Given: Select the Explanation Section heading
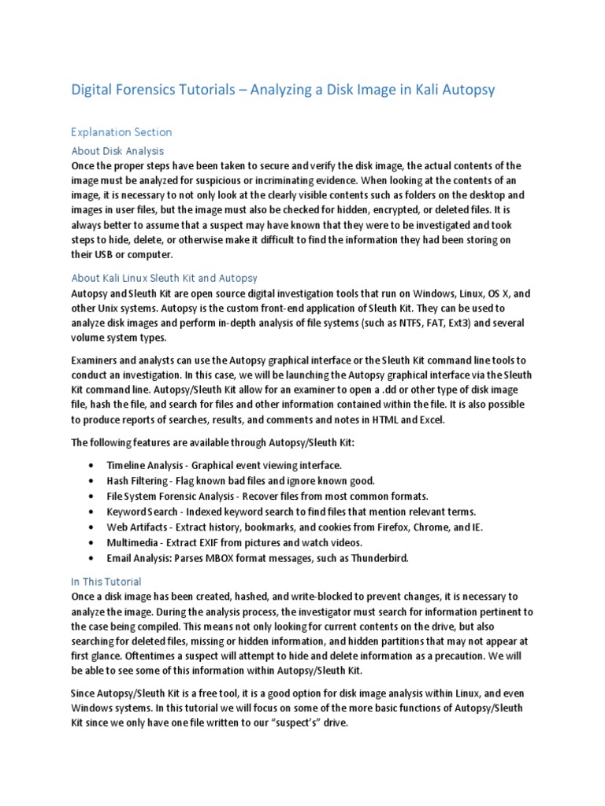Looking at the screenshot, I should point(121,132).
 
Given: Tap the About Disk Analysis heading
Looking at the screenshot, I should point(117,150).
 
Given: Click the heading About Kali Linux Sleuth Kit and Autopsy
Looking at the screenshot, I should point(165,278).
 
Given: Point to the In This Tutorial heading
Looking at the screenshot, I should point(106,582).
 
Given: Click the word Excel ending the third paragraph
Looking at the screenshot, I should point(431,420).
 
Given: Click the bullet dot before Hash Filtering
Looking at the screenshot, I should point(95,481).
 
